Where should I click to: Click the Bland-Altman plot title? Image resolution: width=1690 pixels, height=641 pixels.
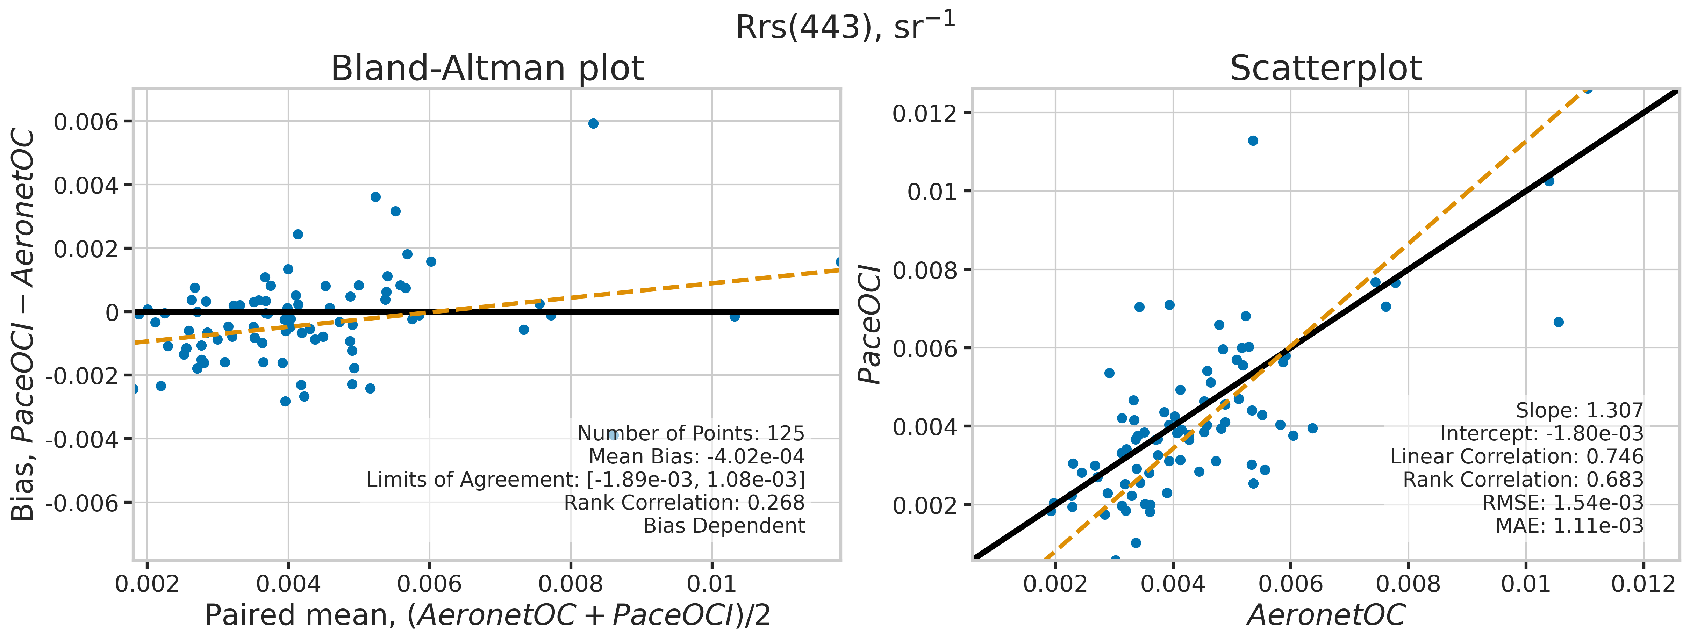click(x=487, y=68)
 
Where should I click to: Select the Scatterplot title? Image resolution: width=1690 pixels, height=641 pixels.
click(x=1325, y=68)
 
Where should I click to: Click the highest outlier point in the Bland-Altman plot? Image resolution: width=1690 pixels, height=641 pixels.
click(x=593, y=123)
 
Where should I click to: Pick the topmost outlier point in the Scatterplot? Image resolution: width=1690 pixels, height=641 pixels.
click(x=1252, y=141)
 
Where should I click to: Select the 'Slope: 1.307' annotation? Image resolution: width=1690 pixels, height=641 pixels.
click(x=1579, y=411)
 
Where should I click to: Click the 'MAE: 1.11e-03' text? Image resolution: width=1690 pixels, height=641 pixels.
click(x=1569, y=526)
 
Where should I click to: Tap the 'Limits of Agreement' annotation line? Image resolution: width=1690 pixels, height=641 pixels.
click(x=585, y=480)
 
